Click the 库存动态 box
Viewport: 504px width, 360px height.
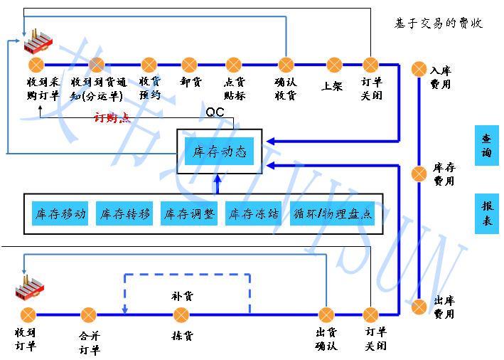219,152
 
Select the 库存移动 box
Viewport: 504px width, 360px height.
60,213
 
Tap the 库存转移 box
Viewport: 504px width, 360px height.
126,213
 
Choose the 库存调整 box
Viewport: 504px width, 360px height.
189,213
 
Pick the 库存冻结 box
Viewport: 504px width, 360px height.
252,213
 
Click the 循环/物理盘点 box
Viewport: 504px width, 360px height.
332,213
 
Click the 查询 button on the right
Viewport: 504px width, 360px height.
487,145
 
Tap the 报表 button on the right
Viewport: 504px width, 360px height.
487,213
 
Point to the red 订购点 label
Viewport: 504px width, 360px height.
112,117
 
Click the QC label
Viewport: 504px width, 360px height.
215,112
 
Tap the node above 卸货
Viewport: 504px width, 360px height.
189,65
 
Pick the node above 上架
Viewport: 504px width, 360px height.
333,65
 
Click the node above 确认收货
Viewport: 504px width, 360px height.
285,65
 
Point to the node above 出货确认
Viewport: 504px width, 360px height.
326,314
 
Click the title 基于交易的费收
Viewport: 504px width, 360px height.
439,23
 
